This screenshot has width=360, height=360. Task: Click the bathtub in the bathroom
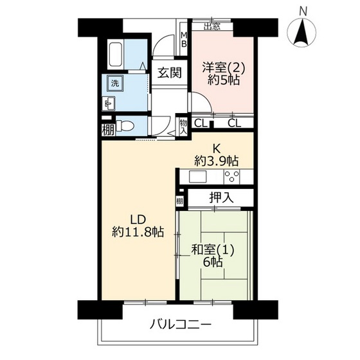[116, 55]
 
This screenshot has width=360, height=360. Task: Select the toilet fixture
[125, 126]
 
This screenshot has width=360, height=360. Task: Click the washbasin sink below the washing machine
[109, 104]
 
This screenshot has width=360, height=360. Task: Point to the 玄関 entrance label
[170, 73]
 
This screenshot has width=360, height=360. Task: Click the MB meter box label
[184, 39]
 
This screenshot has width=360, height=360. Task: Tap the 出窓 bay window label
[212, 26]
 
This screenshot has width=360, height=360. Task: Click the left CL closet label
[201, 123]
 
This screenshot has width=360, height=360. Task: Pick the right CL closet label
[234, 123]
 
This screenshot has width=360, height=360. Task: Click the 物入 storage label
[183, 127]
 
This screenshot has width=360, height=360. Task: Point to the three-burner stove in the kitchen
[231, 177]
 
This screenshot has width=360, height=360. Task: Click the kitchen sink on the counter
[198, 177]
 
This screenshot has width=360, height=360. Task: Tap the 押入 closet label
[221, 197]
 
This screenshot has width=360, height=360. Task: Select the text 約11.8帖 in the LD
[138, 232]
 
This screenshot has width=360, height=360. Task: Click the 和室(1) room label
[213, 250]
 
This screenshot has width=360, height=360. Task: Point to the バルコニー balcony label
[180, 325]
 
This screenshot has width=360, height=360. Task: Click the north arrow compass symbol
[303, 32]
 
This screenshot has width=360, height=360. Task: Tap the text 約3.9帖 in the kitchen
[216, 161]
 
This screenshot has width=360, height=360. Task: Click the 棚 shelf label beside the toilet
[108, 130]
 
